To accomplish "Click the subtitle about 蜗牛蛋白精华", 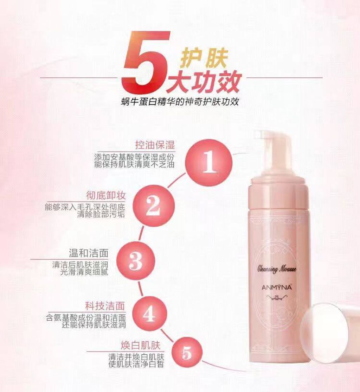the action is tap(180, 101).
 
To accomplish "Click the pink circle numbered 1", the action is tap(209, 162).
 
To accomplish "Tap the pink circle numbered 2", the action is tap(153, 206).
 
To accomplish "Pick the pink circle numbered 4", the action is tap(149, 314).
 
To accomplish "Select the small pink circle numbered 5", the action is tap(187, 353).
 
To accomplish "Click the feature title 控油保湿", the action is tap(155, 145).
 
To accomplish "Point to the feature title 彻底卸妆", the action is tap(106, 196).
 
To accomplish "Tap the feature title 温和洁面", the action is tap(89, 253).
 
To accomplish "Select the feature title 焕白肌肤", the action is tap(140, 346).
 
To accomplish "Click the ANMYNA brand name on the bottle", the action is tap(277, 287).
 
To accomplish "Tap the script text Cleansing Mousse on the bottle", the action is tap(277, 269).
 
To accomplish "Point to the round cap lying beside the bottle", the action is tap(330, 333).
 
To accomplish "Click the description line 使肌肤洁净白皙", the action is tap(136, 364).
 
